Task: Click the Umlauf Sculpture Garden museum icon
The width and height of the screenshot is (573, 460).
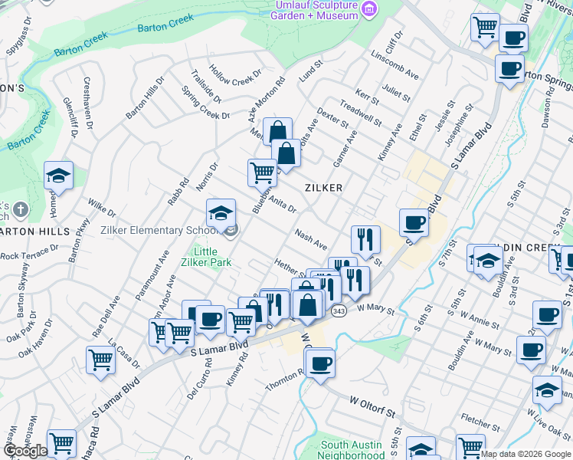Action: click(370, 8)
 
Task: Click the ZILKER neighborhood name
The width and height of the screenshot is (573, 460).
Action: click(323, 187)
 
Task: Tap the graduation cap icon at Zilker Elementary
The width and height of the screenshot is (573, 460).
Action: click(221, 212)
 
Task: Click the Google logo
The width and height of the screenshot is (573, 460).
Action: click(25, 450)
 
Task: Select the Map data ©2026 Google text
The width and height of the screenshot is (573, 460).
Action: click(526, 454)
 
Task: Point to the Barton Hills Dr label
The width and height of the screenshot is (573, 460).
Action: click(145, 97)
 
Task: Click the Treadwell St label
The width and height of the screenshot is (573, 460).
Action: click(360, 115)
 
